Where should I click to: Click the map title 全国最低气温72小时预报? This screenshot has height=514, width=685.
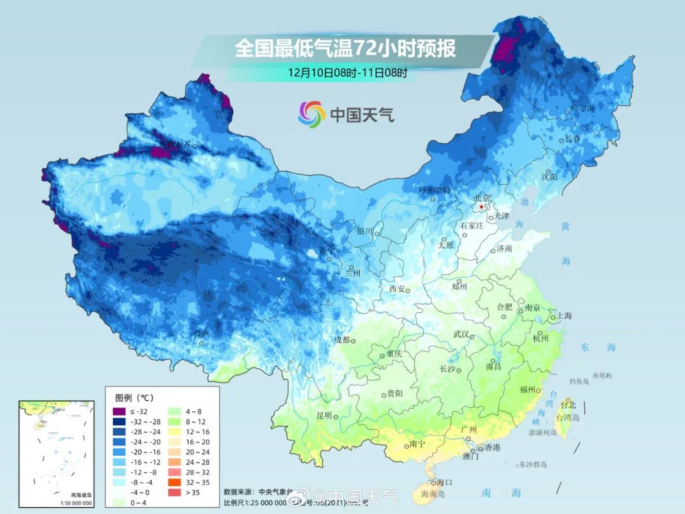tap(345, 49)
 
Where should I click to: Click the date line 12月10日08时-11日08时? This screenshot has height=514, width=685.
tap(347, 72)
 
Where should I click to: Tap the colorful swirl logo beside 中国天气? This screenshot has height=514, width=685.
tap(312, 114)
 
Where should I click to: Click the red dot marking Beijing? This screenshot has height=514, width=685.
tap(481, 207)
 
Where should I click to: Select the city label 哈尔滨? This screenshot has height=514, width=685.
tap(583, 109)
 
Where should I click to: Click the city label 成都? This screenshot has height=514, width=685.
tap(342, 339)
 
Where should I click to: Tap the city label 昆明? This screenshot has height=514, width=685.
tap(324, 415)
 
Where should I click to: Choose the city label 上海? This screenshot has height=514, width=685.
tap(564, 316)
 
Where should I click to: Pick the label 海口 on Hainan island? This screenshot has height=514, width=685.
tap(444, 482)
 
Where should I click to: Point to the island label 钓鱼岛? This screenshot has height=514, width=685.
tap(579, 381)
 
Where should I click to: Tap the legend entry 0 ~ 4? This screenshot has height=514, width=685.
tap(141, 503)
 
